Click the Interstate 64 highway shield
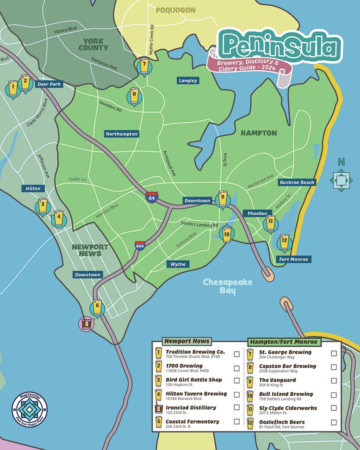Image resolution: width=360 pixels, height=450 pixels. pos(151,196)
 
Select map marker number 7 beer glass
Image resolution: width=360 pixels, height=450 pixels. pos(144,65)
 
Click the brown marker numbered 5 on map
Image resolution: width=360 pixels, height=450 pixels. pos(86,323)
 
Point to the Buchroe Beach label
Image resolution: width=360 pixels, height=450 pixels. pos(297,182)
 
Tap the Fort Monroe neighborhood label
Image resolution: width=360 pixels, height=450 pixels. pos(294,259)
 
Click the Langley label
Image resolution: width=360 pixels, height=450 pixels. pos(188,80)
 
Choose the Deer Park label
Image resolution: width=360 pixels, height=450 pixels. pos(49,84)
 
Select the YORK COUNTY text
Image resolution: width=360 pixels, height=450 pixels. pos(93,44)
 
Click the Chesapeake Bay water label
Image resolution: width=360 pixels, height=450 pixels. pos(227,286)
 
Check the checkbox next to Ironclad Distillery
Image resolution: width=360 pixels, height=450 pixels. pos(236,408)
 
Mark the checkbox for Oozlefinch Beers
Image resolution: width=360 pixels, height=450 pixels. pos(333,422)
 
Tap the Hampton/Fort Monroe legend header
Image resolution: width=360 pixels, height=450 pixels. pos(283,342)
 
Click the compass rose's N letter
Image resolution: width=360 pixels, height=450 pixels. pos(341,161)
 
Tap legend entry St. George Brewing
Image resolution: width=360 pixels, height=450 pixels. pos(285,352)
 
